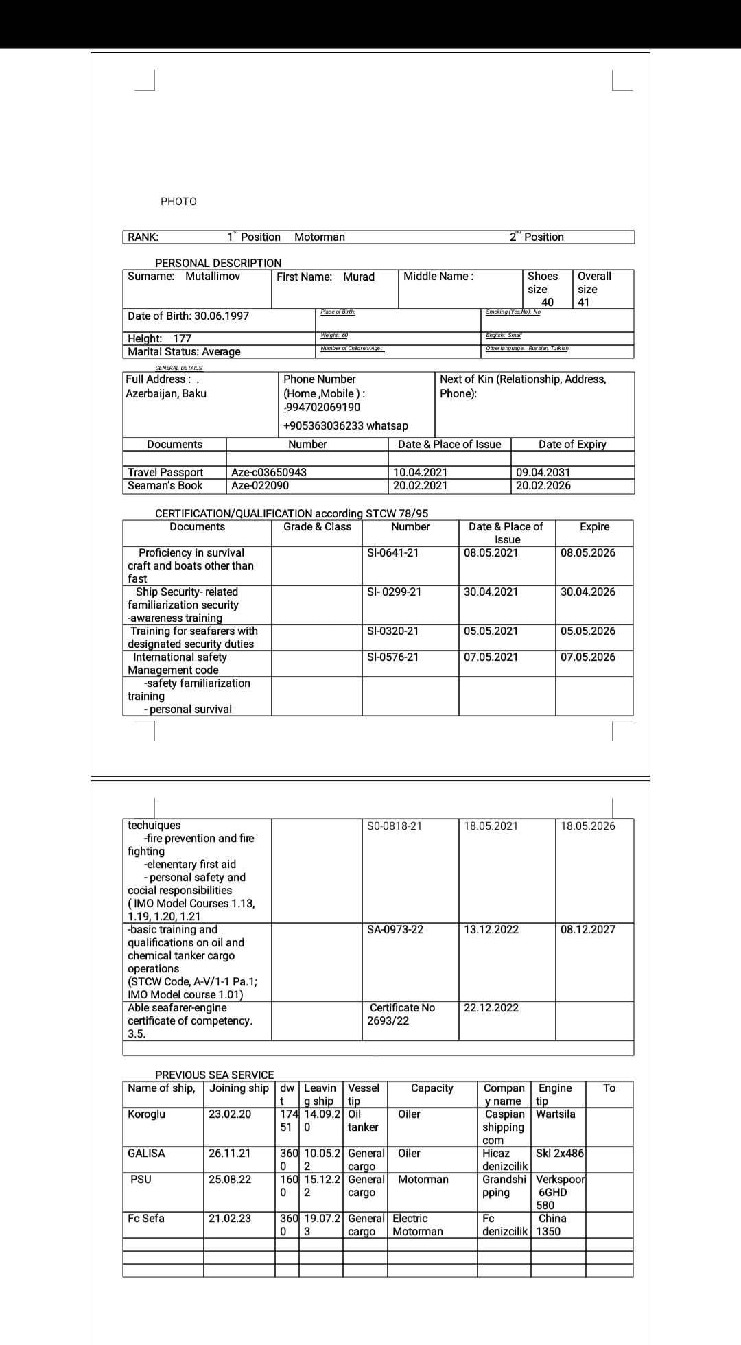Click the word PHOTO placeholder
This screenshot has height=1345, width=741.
(178, 201)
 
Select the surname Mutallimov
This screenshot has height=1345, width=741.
(213, 276)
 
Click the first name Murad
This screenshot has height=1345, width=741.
(359, 277)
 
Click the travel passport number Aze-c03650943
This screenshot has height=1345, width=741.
(269, 472)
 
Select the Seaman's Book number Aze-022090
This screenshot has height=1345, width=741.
(260, 485)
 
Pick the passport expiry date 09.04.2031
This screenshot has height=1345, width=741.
(543, 472)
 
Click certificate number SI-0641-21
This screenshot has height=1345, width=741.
(393, 552)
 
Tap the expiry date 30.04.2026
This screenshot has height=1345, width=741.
(588, 592)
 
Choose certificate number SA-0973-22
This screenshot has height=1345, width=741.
(395, 929)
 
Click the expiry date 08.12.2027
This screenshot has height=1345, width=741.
(588, 929)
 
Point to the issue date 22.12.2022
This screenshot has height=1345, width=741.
(491, 1007)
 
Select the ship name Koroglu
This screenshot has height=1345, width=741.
(146, 1114)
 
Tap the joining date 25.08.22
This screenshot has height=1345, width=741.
(230, 1179)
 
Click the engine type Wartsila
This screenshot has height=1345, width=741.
(556, 1114)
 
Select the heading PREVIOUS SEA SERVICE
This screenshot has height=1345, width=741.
(214, 1075)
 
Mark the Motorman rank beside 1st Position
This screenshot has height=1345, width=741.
(320, 237)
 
